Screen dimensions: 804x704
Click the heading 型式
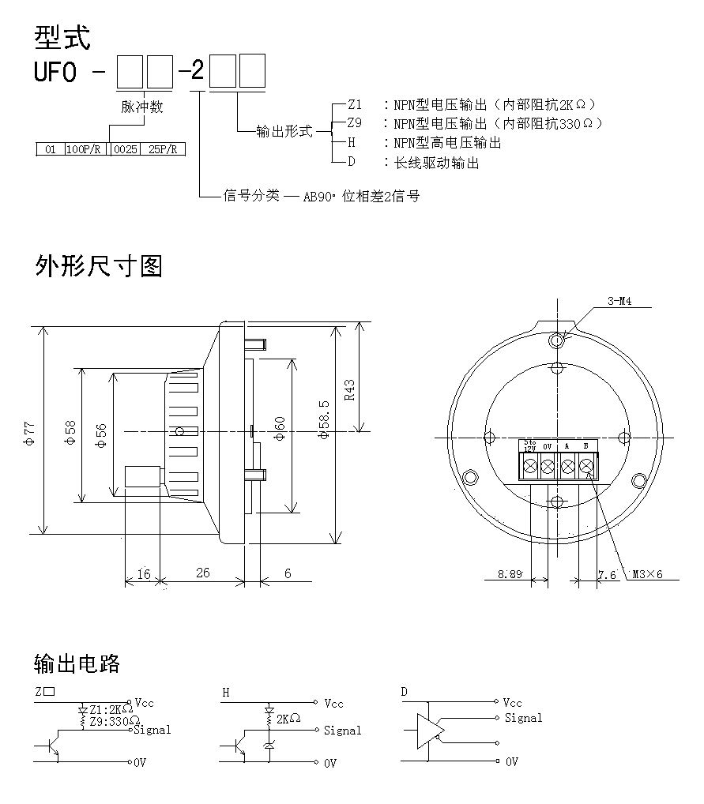(x=62, y=36)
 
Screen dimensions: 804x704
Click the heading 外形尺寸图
(x=98, y=266)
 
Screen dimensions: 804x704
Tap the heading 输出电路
(x=77, y=663)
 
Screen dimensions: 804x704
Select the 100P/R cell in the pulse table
(x=84, y=148)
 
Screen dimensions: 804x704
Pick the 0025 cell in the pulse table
(x=124, y=148)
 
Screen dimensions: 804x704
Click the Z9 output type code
(x=355, y=122)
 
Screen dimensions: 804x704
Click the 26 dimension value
(x=202, y=573)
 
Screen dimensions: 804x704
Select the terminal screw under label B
(x=586, y=467)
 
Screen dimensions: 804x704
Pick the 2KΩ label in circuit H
(x=288, y=718)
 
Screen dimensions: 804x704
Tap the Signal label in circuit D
(x=523, y=718)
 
